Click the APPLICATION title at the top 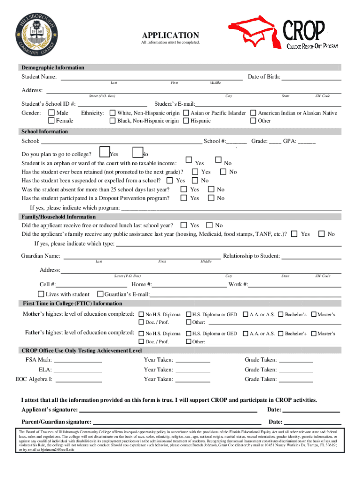point(170,36)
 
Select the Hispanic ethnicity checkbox point(187,121)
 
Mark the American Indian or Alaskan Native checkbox point(254,113)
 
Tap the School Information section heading point(44,131)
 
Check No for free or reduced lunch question point(210,225)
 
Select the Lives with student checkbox point(41,294)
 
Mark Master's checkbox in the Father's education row point(314,334)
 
